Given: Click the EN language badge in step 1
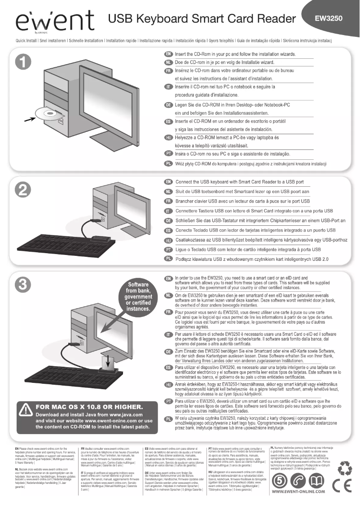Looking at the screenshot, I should click(x=168, y=54).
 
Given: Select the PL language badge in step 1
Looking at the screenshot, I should click(x=168, y=163).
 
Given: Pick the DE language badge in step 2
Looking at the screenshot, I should click(x=168, y=221).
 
